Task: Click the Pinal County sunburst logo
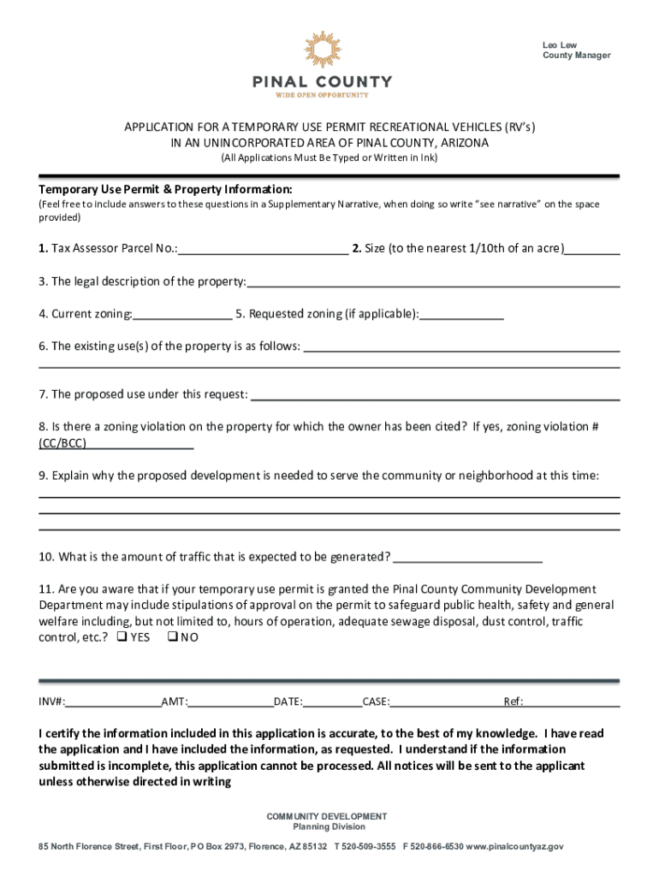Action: (x=322, y=50)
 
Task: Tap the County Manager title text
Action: (x=576, y=56)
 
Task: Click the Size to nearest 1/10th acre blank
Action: (x=592, y=249)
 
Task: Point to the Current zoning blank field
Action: (x=182, y=314)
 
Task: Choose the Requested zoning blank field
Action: (x=461, y=314)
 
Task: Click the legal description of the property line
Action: (x=433, y=281)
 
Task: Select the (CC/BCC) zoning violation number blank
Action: (x=140, y=443)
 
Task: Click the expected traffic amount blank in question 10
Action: (x=467, y=557)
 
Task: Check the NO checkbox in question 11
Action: (x=171, y=637)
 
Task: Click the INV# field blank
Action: (x=114, y=702)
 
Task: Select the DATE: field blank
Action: (x=332, y=702)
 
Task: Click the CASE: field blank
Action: (x=445, y=702)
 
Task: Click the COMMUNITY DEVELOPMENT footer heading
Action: (x=326, y=816)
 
